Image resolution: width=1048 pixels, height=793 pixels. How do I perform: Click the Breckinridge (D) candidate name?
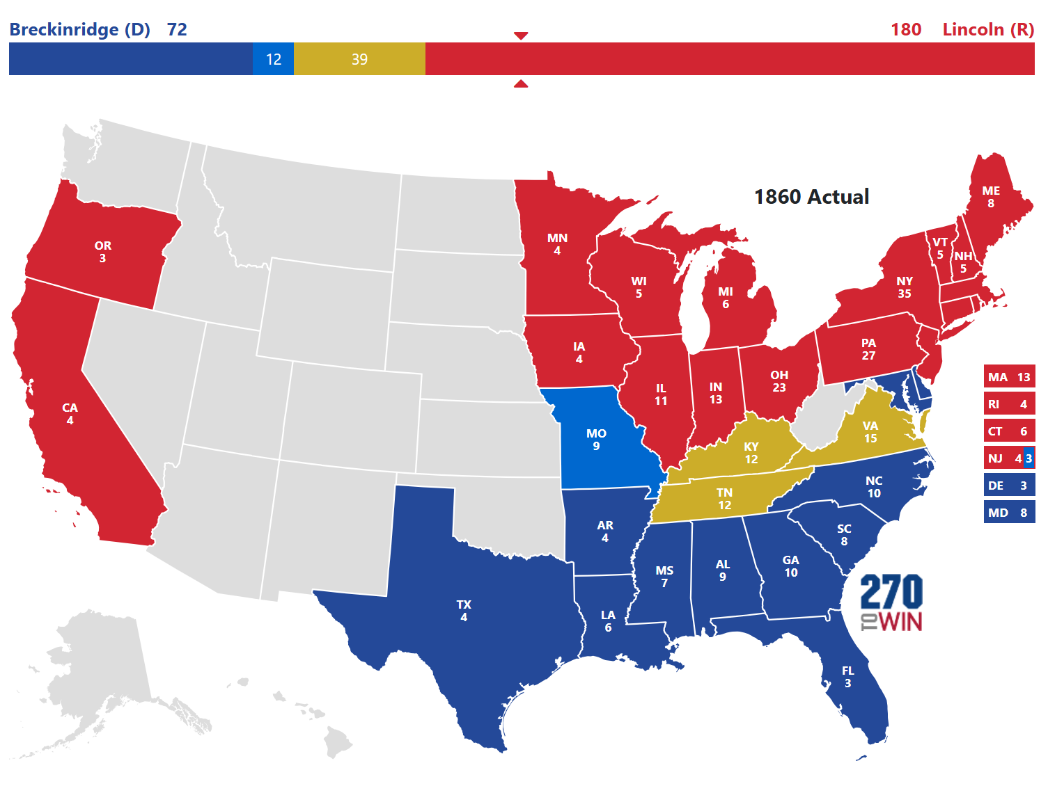pos(79,30)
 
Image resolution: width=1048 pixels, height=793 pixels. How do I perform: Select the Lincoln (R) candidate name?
pos(987,30)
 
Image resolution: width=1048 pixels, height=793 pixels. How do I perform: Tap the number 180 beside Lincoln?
pos(905,30)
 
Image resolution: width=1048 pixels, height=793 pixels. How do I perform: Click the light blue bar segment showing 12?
pos(273,59)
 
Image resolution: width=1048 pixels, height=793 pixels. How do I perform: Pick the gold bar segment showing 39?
pos(359,59)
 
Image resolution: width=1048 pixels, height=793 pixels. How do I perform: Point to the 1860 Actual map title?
pos(811,197)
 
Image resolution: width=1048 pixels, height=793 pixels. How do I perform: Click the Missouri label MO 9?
pos(596,440)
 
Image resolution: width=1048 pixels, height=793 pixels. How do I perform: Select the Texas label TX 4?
pos(464,611)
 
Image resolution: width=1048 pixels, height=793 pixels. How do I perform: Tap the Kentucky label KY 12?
pos(751,453)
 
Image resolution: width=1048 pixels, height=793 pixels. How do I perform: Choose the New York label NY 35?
pos(904,287)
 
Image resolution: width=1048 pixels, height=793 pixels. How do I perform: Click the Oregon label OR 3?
pos(102,252)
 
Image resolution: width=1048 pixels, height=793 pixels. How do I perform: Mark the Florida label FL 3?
pos(847,677)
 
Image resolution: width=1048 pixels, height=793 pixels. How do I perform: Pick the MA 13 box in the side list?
pos(1008,377)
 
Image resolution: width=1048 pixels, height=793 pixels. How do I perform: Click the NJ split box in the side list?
pos(1008,458)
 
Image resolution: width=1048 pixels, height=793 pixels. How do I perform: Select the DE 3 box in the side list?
pos(1008,486)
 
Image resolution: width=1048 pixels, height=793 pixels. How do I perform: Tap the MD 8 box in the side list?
pos(1008,513)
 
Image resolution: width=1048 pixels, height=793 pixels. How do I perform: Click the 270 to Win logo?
pos(891,602)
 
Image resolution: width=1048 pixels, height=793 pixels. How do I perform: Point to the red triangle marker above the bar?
pos(521,35)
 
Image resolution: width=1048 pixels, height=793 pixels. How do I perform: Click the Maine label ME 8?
pos(991,197)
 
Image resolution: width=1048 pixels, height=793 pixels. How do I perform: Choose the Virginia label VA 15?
pos(870,432)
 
